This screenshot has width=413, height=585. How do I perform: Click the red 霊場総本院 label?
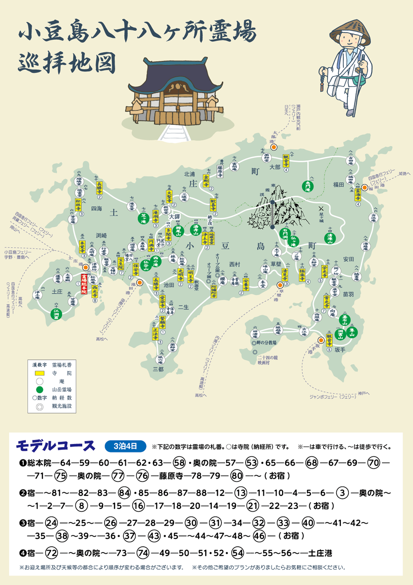tap(84, 283)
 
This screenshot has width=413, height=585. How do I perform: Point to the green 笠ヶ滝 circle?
tap(143, 218)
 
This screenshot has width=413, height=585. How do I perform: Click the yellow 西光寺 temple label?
tap(94, 291)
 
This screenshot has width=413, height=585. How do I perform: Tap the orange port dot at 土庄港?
tap(86, 267)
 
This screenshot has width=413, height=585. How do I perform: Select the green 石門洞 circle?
tap(285, 233)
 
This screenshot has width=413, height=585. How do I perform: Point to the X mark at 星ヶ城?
tap(321, 209)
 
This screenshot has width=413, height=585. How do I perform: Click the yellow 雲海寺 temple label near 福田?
tap(358, 194)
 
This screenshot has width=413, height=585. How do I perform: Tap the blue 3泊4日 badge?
tap(126, 446)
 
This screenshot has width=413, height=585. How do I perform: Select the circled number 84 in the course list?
tap(125, 493)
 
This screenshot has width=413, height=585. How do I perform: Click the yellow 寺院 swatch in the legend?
tap(40, 373)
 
